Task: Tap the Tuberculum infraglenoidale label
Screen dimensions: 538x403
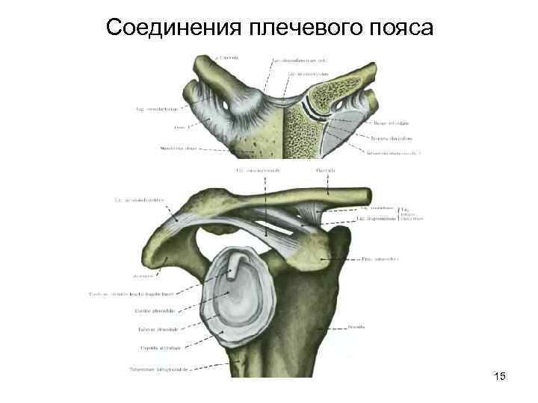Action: pos(158,369)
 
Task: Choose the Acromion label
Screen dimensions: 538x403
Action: pos(142,276)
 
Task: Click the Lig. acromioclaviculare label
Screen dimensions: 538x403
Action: pos(139,199)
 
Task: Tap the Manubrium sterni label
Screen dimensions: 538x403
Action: pos(179,149)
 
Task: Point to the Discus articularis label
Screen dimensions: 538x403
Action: pos(389,123)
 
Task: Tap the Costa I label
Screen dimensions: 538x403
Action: pos(179,128)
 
